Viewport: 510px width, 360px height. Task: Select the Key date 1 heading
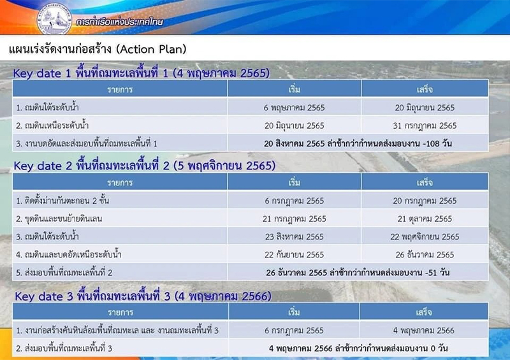click(141, 73)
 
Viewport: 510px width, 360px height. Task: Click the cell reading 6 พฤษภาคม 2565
click(294, 108)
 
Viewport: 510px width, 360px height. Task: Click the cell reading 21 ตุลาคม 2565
click(425, 219)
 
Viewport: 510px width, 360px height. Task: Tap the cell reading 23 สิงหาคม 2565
click(294, 236)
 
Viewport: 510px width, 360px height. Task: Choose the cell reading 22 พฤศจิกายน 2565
click(425, 236)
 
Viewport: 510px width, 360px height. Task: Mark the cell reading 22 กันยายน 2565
click(294, 254)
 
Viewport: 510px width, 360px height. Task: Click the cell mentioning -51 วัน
click(358, 272)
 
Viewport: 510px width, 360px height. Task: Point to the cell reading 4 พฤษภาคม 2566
click(423, 330)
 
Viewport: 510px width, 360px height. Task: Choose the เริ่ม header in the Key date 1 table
click(294, 89)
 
